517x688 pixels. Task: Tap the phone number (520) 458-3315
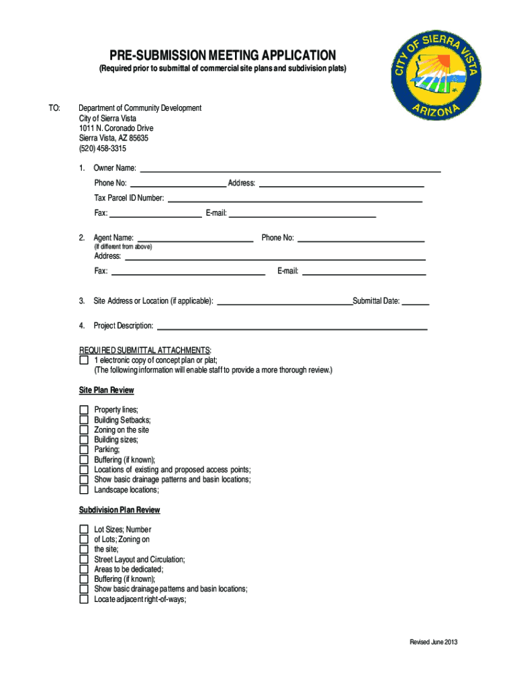point(102,148)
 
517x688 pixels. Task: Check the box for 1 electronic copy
point(84,360)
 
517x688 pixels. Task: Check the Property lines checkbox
point(84,410)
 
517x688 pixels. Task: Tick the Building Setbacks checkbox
point(84,420)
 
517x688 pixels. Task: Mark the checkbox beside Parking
point(84,449)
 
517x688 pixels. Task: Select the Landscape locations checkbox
point(84,490)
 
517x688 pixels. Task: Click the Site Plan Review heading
point(107,390)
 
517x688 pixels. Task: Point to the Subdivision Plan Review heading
point(120,510)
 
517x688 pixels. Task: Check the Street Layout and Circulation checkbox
point(84,559)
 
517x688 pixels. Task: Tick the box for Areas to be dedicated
point(84,569)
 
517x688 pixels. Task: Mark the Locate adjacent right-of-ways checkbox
point(84,599)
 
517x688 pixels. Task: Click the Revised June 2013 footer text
point(434,642)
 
